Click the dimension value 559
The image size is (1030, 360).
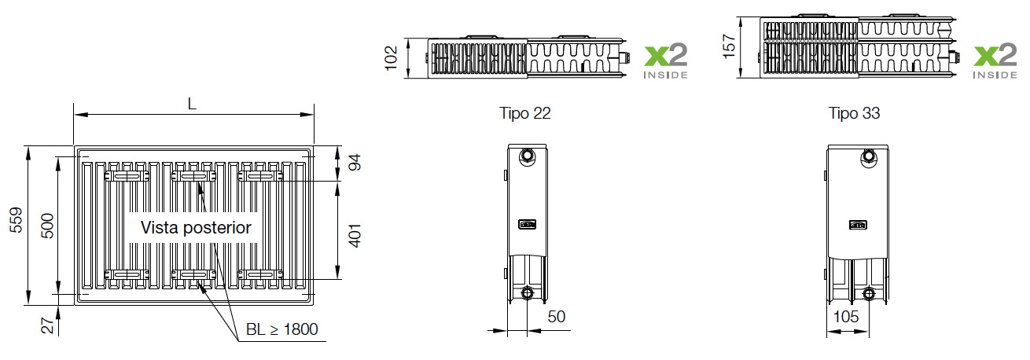(x=14, y=224)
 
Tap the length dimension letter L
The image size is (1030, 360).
(x=193, y=103)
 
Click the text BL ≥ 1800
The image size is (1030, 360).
(x=282, y=329)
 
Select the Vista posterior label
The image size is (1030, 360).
(x=196, y=228)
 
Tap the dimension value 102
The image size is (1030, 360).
(x=392, y=57)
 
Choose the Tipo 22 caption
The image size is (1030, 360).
(x=525, y=113)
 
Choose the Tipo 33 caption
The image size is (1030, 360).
(x=855, y=113)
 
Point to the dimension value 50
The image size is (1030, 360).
(x=557, y=317)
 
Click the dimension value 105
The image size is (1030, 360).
(x=846, y=317)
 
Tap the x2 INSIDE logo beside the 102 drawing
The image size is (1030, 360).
(x=665, y=61)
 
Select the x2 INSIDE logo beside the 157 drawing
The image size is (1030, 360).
(x=995, y=61)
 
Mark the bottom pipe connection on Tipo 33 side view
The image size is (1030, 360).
(x=869, y=295)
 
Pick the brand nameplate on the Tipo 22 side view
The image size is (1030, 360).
(x=527, y=224)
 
